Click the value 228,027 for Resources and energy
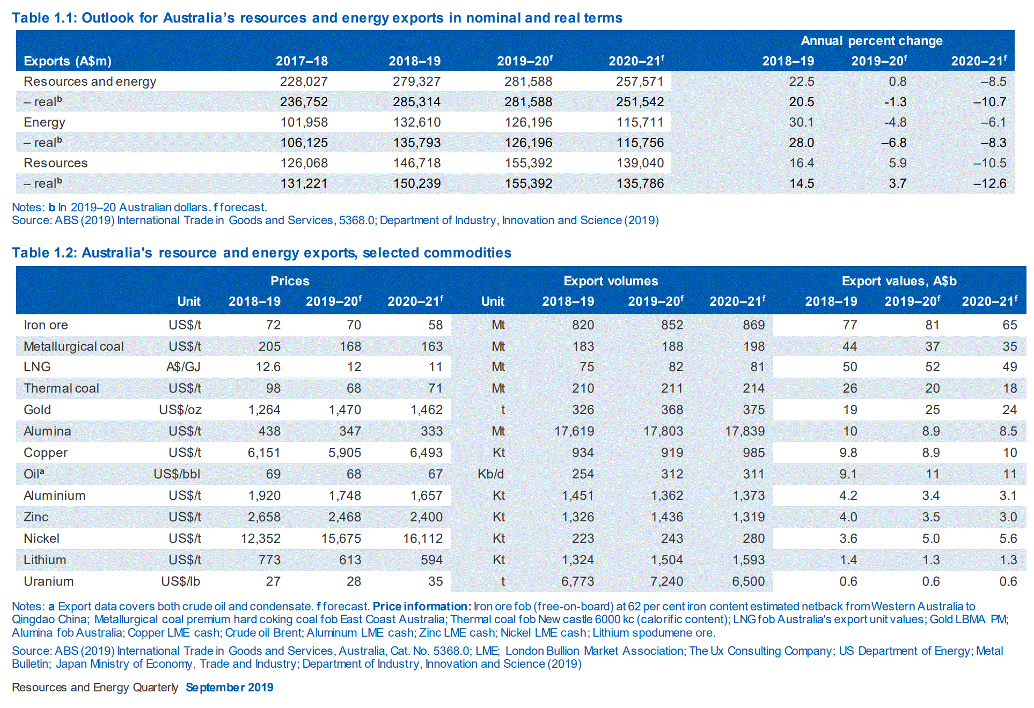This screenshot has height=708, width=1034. pos(303,82)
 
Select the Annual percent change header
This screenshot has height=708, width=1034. pos(871,41)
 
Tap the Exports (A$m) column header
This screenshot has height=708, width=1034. pos(68,61)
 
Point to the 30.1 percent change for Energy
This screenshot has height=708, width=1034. pos(801,122)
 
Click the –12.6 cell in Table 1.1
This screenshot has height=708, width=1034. pos(990,183)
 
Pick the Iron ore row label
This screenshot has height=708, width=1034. pos(46,325)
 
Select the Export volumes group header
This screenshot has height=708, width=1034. pos(611,281)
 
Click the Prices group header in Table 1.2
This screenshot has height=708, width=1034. pos(290,281)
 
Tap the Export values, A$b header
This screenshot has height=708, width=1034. pos(899,281)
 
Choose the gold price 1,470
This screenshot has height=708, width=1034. pos(344,410)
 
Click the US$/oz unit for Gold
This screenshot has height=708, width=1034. pos(180,410)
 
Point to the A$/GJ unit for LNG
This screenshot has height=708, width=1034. pos(183,367)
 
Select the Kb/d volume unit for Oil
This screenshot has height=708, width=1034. pos(490,474)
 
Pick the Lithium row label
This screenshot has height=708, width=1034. pos(45,560)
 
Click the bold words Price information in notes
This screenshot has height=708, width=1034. pos(421,607)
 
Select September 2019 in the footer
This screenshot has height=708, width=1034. pos(229,688)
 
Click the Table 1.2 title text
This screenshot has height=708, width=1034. pos(261,253)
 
